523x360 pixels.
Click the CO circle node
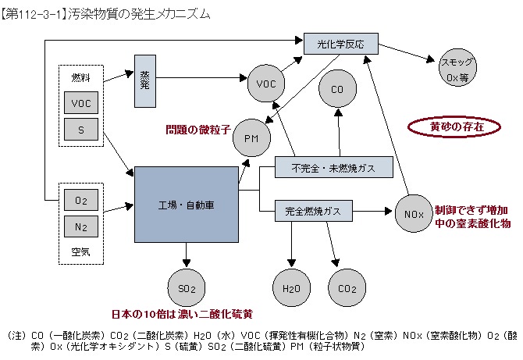(x=337, y=91)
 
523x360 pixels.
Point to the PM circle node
(x=251, y=137)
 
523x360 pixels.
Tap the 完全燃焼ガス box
(x=313, y=211)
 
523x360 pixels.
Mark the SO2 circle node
(x=187, y=288)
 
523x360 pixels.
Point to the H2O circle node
(x=290, y=288)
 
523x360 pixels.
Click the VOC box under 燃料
(x=80, y=102)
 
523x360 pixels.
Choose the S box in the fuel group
(x=80, y=129)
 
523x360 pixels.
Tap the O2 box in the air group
(x=80, y=201)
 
